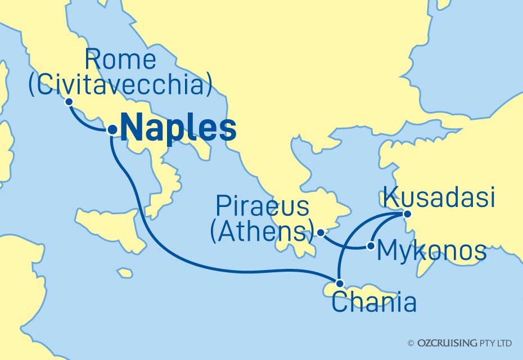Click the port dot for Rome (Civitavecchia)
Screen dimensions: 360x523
coord(69,102)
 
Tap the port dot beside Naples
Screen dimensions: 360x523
coord(112,129)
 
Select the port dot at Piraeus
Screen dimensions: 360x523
coord(320,232)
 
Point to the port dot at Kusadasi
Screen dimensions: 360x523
coord(407,214)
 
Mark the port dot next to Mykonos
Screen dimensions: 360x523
coord(370,246)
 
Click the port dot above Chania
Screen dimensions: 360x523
coord(339,283)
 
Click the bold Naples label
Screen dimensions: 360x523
coord(178,129)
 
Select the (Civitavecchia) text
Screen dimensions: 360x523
coord(121,85)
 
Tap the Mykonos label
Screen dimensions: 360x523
coord(431,251)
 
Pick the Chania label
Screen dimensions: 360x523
coord(375,303)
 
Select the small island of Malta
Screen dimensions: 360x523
coord(125,273)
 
